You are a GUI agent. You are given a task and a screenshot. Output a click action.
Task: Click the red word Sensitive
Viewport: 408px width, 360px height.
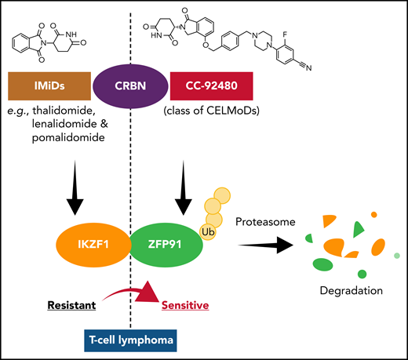point(185,304)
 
